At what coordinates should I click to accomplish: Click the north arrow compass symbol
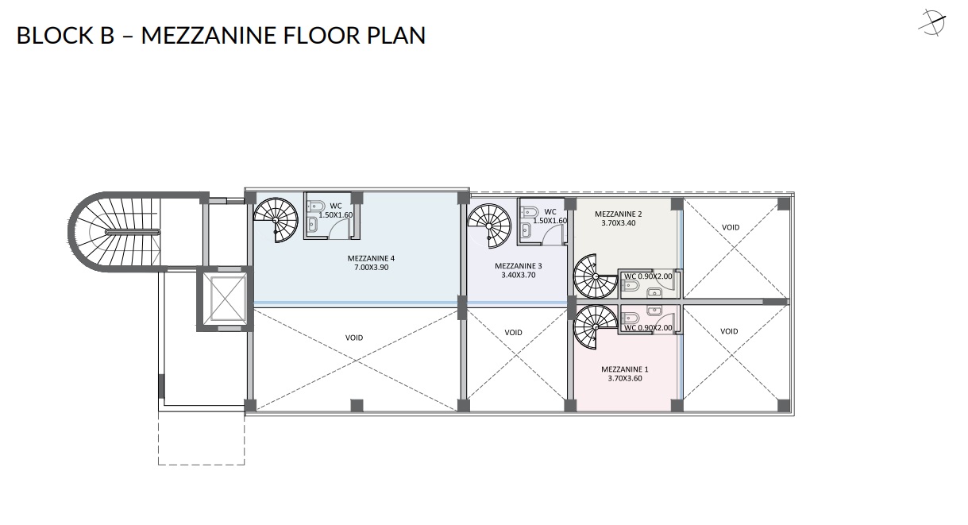coord(932,22)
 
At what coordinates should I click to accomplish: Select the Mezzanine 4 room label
coord(371,258)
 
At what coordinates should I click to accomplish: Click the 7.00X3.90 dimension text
coord(371,268)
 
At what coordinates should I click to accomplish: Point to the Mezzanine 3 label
coord(518,266)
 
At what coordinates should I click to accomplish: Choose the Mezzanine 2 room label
coord(619,214)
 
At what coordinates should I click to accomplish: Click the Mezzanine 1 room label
coord(625,369)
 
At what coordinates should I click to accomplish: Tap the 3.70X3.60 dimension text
coord(625,379)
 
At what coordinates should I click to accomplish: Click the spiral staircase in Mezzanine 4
coord(276,219)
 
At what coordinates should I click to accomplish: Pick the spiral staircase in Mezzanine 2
coord(596,276)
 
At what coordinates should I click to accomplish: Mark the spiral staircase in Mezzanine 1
coord(596,327)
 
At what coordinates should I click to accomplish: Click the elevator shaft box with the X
coord(225,299)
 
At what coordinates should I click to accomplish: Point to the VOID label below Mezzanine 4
coord(354,338)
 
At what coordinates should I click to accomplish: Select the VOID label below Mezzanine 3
coord(514,333)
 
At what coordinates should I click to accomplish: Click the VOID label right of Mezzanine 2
coord(731,227)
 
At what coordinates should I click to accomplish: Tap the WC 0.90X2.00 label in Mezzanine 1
coord(648,328)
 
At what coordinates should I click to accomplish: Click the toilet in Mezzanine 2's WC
coord(630,286)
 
